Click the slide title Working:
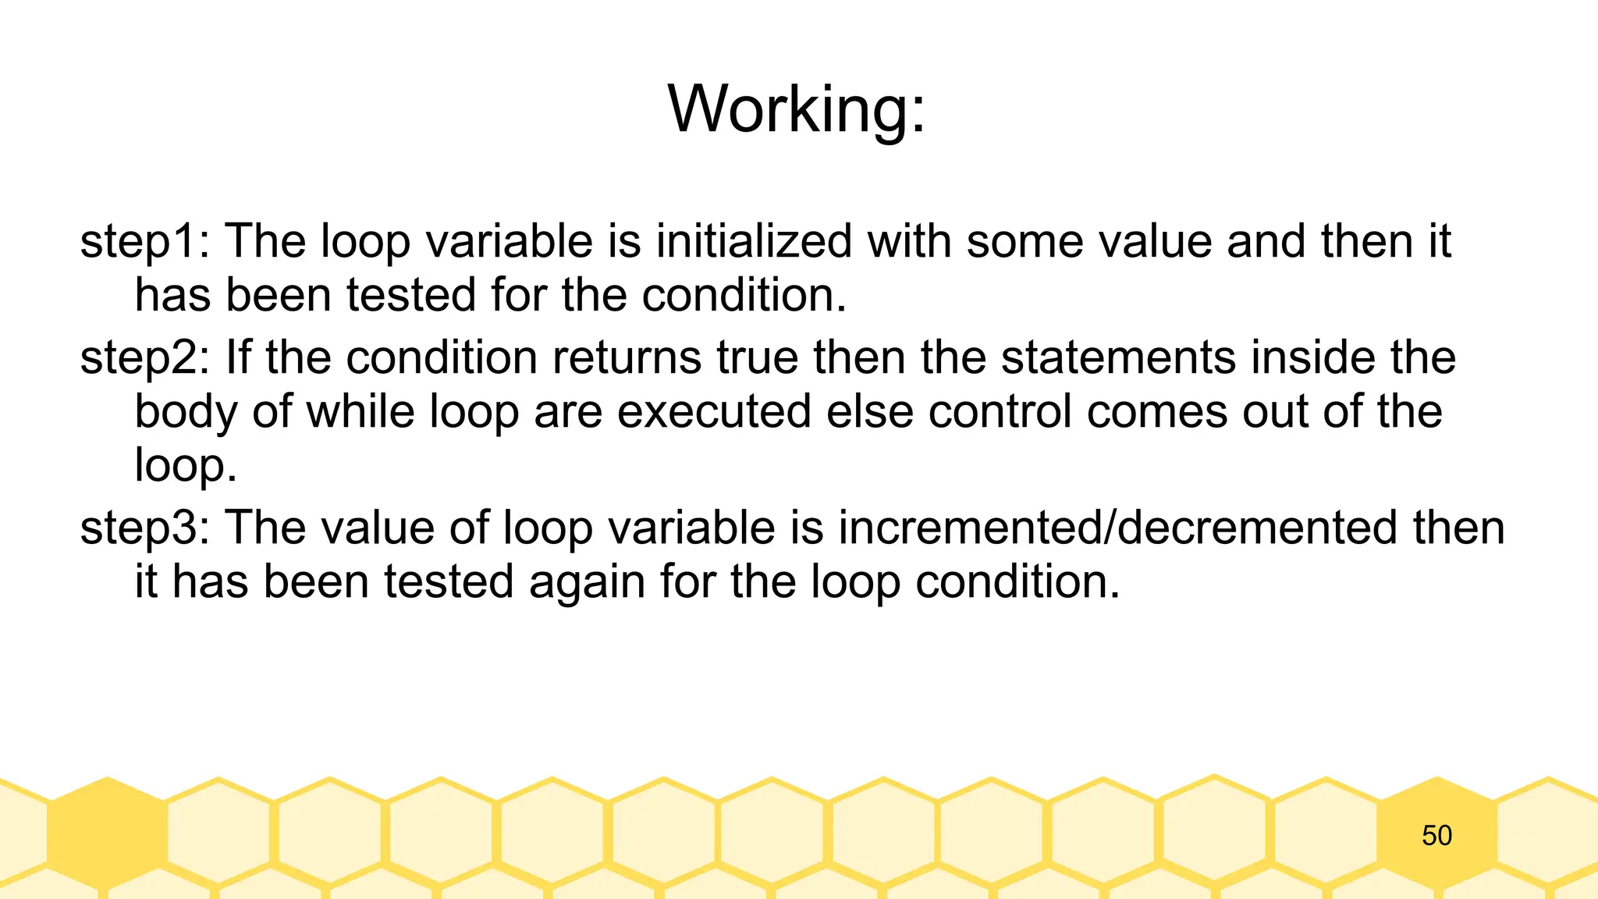[797, 109]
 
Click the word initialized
[753, 241]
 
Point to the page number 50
[1436, 836]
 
